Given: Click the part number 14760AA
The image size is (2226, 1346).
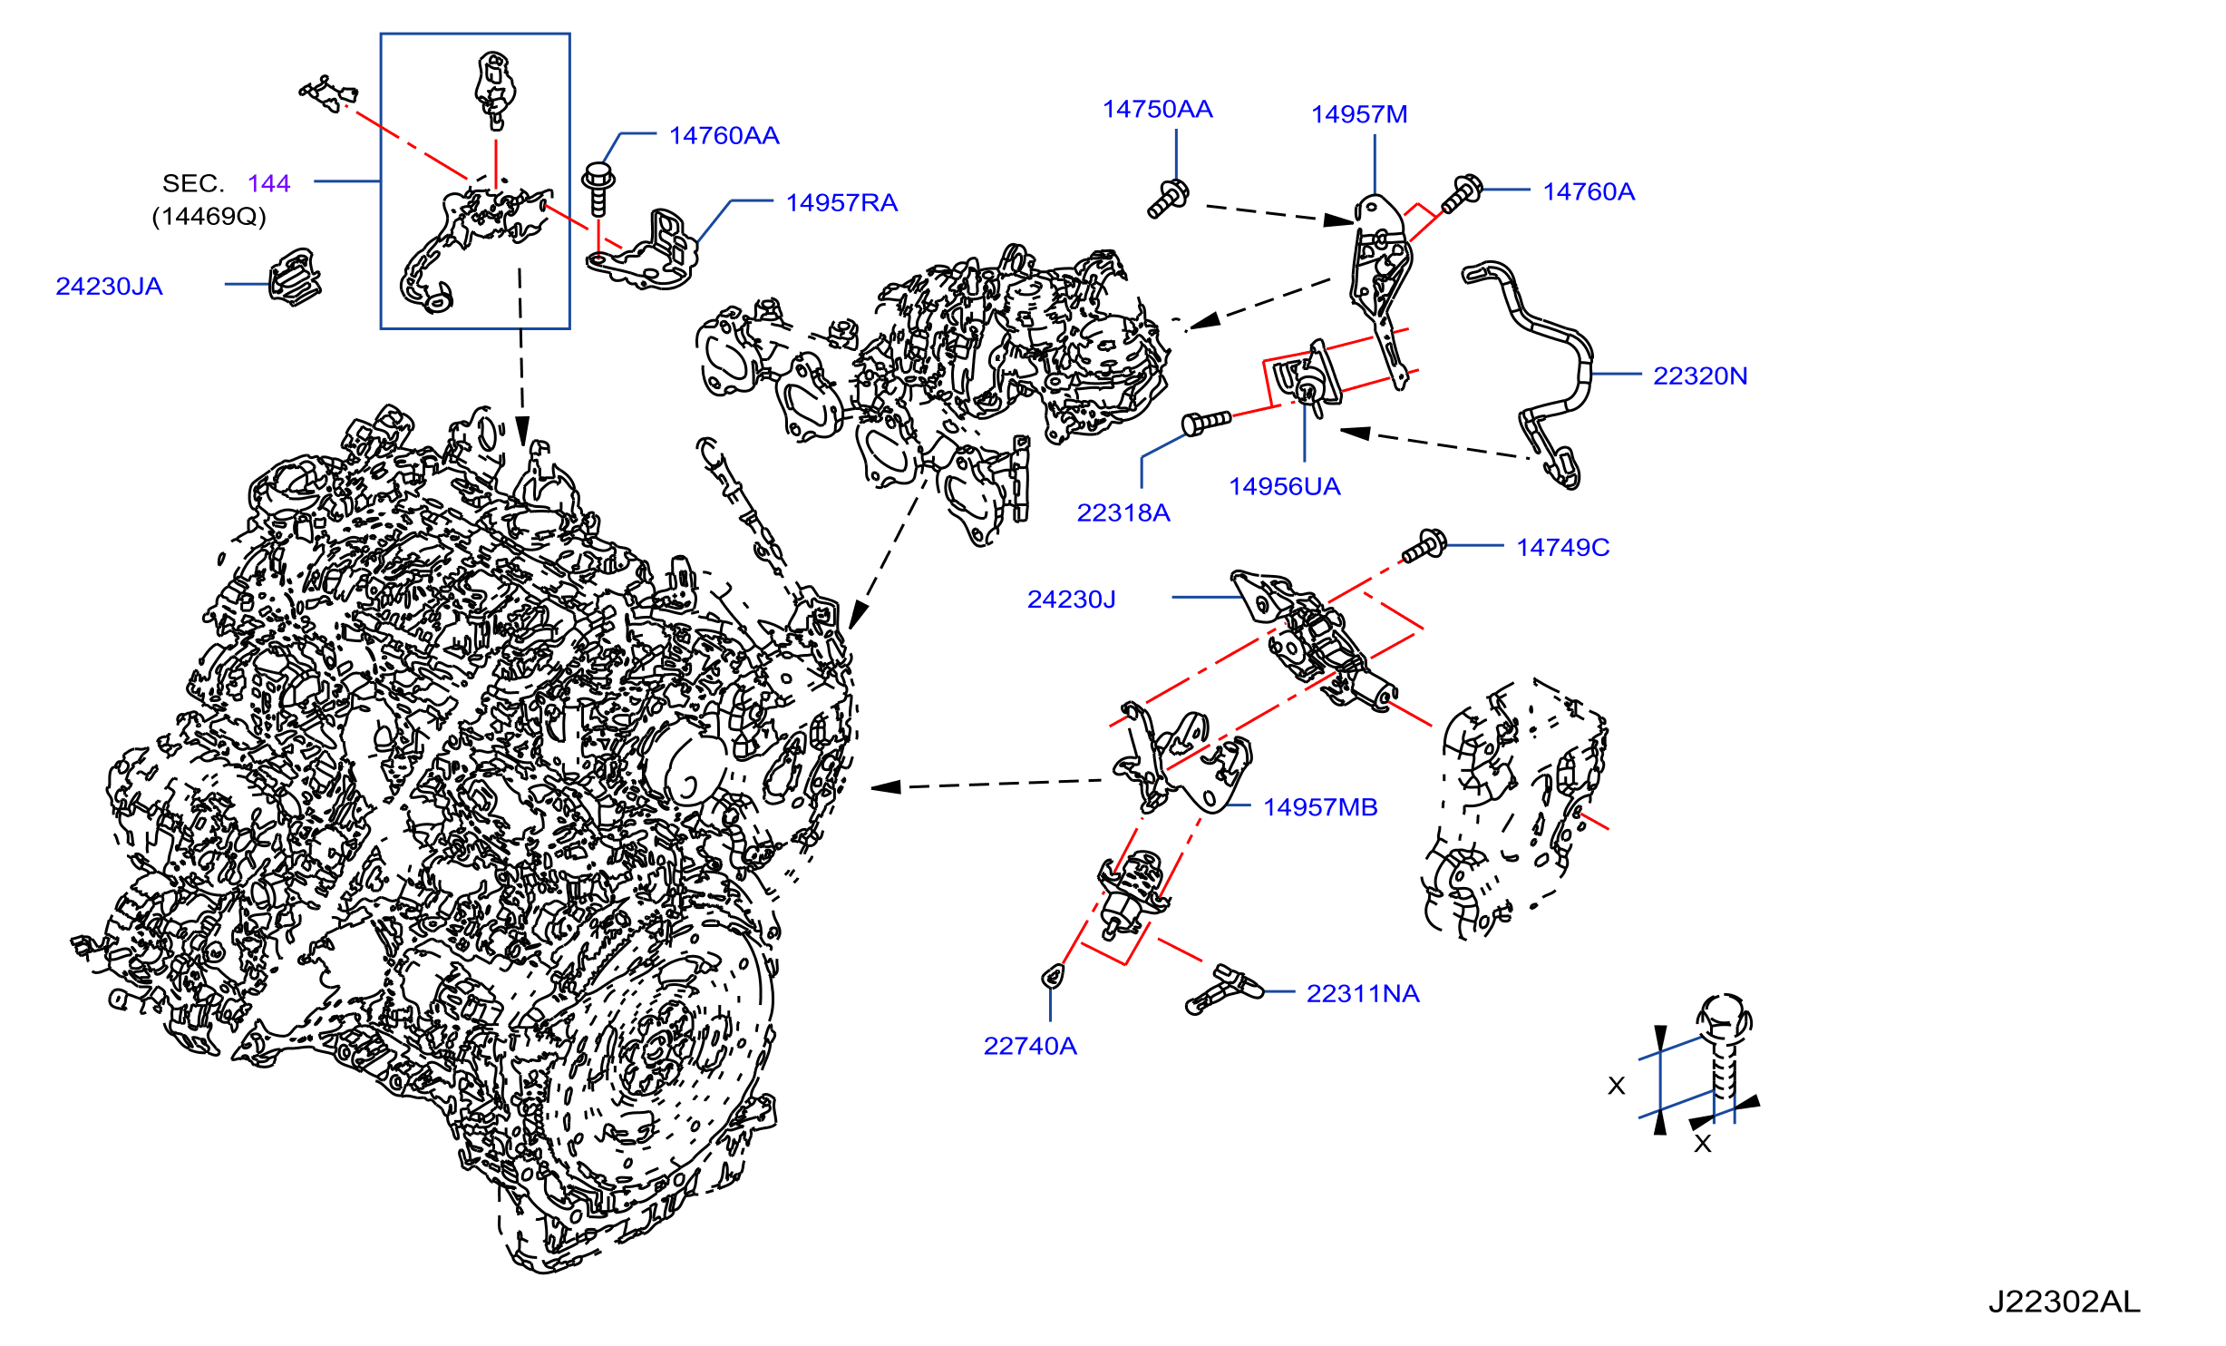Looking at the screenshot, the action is (x=724, y=136).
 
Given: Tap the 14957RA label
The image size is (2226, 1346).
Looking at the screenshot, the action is (x=841, y=203).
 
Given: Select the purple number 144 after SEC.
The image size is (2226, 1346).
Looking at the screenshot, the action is (x=268, y=184).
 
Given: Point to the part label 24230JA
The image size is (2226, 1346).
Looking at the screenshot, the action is (x=109, y=287).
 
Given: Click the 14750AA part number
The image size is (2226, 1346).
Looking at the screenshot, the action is (x=1157, y=110).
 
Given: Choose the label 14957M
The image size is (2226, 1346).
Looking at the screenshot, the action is (x=1359, y=115).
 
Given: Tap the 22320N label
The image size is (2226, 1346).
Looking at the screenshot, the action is (x=1700, y=376).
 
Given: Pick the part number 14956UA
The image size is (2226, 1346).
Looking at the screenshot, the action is (x=1284, y=487).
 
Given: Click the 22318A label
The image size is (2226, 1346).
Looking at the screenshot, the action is (x=1123, y=513).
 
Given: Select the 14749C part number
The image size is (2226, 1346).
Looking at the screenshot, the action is (x=1563, y=548).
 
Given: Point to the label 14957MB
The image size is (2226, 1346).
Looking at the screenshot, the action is (x=1320, y=807).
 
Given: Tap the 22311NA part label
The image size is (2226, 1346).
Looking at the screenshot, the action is (x=1363, y=994).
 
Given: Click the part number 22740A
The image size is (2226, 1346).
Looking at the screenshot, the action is (x=1030, y=1047).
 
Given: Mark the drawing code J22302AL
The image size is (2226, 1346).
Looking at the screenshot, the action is (x=2065, y=1302).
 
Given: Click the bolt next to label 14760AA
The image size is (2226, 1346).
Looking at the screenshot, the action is (x=598, y=189).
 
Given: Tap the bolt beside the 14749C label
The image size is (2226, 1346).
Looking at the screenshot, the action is (x=1424, y=546).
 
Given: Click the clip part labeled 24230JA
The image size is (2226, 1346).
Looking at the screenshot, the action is (x=295, y=277).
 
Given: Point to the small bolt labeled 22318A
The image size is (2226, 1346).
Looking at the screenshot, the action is (x=1206, y=422).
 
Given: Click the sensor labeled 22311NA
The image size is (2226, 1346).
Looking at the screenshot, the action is (x=1224, y=989).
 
